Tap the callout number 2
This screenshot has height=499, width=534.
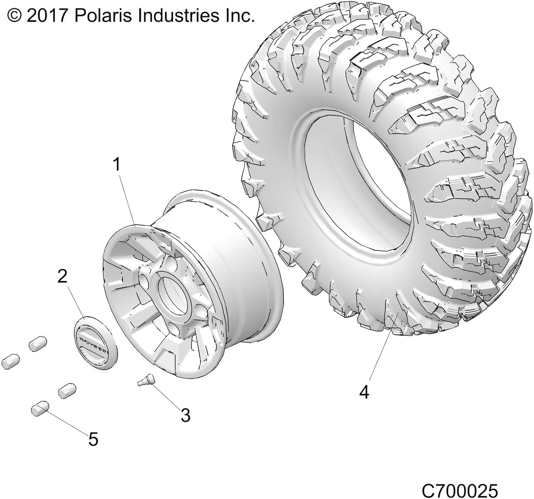pyautogui.click(x=62, y=276)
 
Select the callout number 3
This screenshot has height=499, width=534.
pyautogui.click(x=185, y=415)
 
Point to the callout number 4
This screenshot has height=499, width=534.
pyautogui.click(x=364, y=392)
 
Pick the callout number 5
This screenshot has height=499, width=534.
pyautogui.click(x=93, y=440)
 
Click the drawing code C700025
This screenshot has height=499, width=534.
pyautogui.click(x=459, y=491)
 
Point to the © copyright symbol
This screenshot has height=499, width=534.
pyautogui.click(x=14, y=16)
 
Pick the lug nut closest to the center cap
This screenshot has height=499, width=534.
pyautogui.click(x=38, y=343)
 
